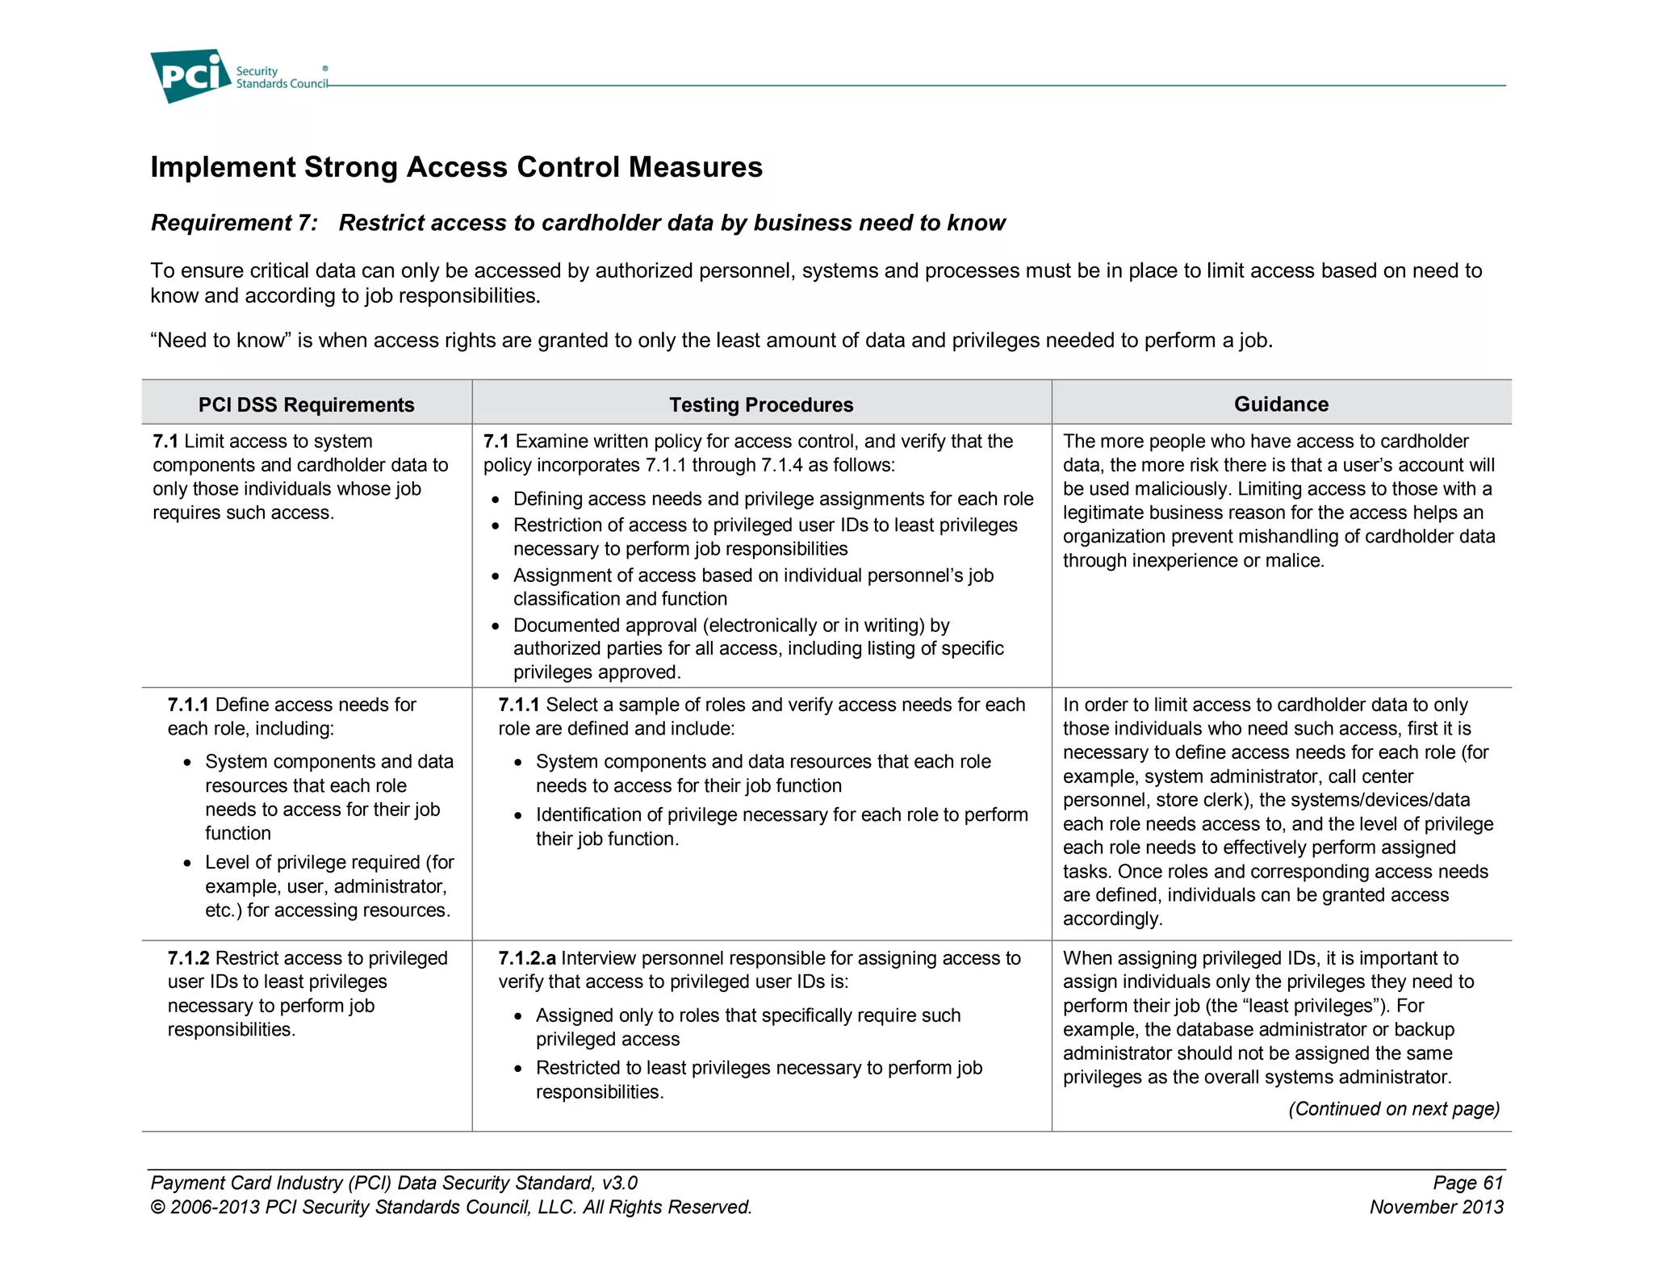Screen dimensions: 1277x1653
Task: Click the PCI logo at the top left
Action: pyautogui.click(x=190, y=76)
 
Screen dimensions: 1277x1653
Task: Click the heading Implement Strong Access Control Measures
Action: pyautogui.click(x=456, y=167)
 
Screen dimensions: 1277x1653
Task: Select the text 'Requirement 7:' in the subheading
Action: pyautogui.click(x=234, y=223)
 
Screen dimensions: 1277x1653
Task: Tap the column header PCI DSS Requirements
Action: pyautogui.click(x=306, y=404)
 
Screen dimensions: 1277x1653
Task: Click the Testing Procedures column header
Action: pyautogui.click(x=760, y=404)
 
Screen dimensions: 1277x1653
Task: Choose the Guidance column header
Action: pyautogui.click(x=1280, y=404)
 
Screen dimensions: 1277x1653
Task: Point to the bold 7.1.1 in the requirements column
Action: pyautogui.click(x=188, y=705)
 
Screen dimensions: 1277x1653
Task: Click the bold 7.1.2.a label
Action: pyautogui.click(x=526, y=958)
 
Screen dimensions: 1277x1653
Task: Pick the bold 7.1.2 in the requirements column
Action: pyautogui.click(x=188, y=958)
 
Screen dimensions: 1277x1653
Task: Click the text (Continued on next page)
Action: pyautogui.click(x=1393, y=1108)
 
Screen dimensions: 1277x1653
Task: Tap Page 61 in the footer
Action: pyautogui.click(x=1467, y=1183)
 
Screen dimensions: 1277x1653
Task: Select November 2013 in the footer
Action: pyautogui.click(x=1436, y=1207)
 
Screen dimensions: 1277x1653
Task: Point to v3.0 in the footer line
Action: pyautogui.click(x=619, y=1183)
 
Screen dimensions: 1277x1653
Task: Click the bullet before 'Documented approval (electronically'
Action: pyautogui.click(x=496, y=627)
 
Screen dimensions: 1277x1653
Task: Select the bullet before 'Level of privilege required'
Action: pyautogui.click(x=187, y=864)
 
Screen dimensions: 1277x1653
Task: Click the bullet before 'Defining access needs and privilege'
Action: pyautogui.click(x=496, y=500)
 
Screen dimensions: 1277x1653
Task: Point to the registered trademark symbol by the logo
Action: pyautogui.click(x=325, y=69)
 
